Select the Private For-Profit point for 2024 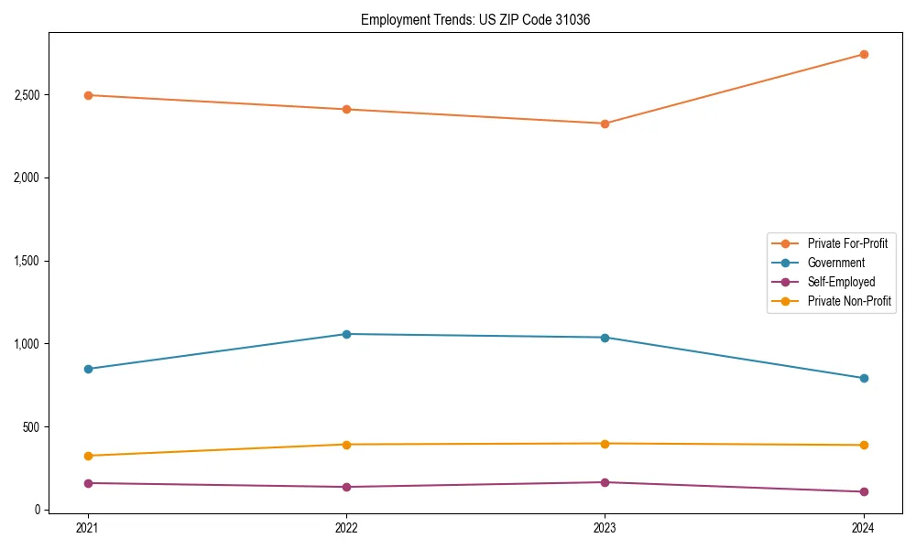[x=863, y=54]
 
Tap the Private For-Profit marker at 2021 [x=88, y=95]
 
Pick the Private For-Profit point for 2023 [x=605, y=124]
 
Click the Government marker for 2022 [x=346, y=334]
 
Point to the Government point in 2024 [x=863, y=378]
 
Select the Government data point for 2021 [x=88, y=369]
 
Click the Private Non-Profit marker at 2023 [x=605, y=444]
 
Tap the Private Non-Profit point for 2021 [x=88, y=456]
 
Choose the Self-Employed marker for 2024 [x=863, y=491]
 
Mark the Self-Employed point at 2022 [x=346, y=487]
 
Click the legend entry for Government [x=835, y=263]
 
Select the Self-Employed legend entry [x=841, y=282]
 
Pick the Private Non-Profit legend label [x=849, y=301]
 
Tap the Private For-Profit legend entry [x=847, y=243]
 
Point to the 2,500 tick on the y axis [x=27, y=95]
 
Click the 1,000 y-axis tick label [x=27, y=344]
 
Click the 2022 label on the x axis [x=346, y=528]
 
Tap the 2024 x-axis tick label [x=863, y=528]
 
